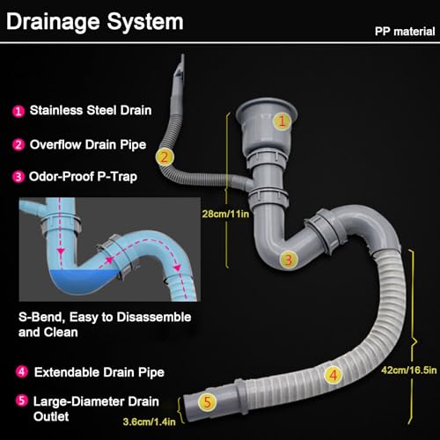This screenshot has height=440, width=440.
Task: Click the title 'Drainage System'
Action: click(95, 22)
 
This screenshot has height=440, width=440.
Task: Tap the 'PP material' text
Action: click(405, 32)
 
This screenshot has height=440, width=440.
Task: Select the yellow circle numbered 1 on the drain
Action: click(282, 121)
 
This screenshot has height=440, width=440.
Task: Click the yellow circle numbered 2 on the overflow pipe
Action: click(165, 158)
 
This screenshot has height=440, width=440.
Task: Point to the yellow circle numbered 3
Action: click(289, 260)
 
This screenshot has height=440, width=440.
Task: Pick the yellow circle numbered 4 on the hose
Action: click(334, 375)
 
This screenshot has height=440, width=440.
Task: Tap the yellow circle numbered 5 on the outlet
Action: click(208, 402)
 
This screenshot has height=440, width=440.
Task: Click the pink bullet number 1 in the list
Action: click(18, 111)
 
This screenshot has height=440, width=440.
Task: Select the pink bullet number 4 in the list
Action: click(21, 371)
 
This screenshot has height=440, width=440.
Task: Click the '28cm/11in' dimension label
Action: click(225, 214)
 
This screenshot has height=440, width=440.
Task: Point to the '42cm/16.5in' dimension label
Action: click(409, 370)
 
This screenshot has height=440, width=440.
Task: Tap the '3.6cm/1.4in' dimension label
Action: click(150, 422)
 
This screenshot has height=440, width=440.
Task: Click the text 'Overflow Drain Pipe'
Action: click(88, 145)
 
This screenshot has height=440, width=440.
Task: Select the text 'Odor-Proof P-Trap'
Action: click(83, 177)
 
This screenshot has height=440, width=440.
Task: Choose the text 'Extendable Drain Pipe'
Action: click(99, 372)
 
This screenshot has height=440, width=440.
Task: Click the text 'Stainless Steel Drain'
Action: click(91, 110)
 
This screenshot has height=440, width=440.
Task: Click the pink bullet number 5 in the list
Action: click(21, 400)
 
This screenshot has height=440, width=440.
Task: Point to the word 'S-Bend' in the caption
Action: click(41, 318)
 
